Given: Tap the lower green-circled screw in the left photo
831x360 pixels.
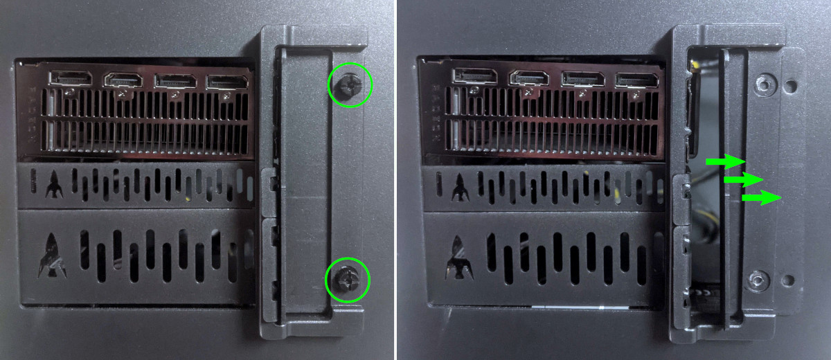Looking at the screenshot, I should pyautogui.click(x=346, y=278).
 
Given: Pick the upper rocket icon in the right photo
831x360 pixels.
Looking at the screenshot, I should pyautogui.click(x=458, y=186).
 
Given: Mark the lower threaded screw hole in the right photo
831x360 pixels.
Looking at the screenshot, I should pyautogui.click(x=758, y=280).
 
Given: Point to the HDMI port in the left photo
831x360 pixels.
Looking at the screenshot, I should pyautogui.click(x=123, y=80).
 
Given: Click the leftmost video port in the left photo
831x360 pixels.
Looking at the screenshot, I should pyautogui.click(x=70, y=78).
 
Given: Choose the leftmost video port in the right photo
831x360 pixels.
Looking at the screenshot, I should pyautogui.click(x=474, y=76).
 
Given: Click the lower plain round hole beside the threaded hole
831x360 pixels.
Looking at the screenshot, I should pyautogui.click(x=789, y=280).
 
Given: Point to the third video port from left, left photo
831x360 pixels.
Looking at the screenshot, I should pyautogui.click(x=176, y=80).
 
